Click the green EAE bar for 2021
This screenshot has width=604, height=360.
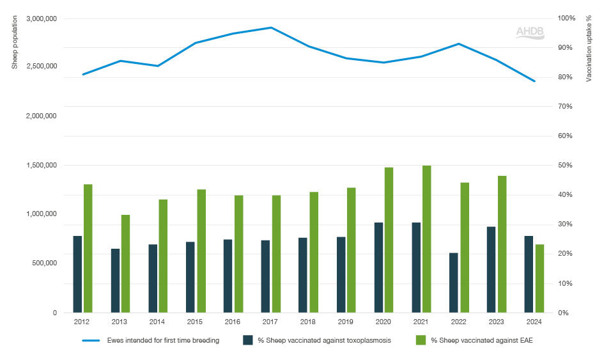(426, 239)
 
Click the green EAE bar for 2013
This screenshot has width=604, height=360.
(126, 263)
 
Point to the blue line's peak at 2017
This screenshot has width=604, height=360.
(271, 27)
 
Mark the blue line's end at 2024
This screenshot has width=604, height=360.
(534, 81)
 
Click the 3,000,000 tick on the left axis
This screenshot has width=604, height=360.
(42, 19)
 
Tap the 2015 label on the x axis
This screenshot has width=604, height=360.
(196, 322)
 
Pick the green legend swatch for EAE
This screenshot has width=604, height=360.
(421, 340)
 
